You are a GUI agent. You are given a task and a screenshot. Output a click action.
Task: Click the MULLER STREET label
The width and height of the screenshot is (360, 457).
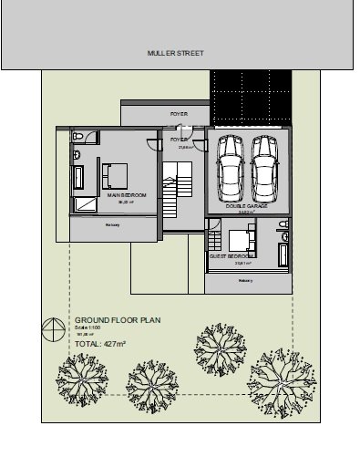pos(176,54)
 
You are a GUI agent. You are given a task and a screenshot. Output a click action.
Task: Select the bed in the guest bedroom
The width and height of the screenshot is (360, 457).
pos(241,241)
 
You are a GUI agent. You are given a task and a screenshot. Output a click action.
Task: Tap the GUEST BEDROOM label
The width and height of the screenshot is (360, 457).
pos(230,256)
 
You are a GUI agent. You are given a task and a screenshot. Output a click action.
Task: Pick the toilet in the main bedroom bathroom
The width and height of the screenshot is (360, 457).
pos(78,136)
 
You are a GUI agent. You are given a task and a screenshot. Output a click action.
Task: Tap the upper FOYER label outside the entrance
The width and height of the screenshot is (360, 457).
pos(179,114)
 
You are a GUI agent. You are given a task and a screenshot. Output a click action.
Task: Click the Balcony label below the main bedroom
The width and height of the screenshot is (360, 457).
pos(113,223)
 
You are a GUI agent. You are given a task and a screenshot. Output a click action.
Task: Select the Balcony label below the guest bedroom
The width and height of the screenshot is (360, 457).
pos(244,281)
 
